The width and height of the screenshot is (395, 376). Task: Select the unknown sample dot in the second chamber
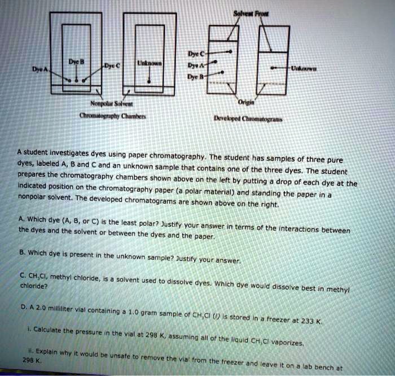click(149, 82)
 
